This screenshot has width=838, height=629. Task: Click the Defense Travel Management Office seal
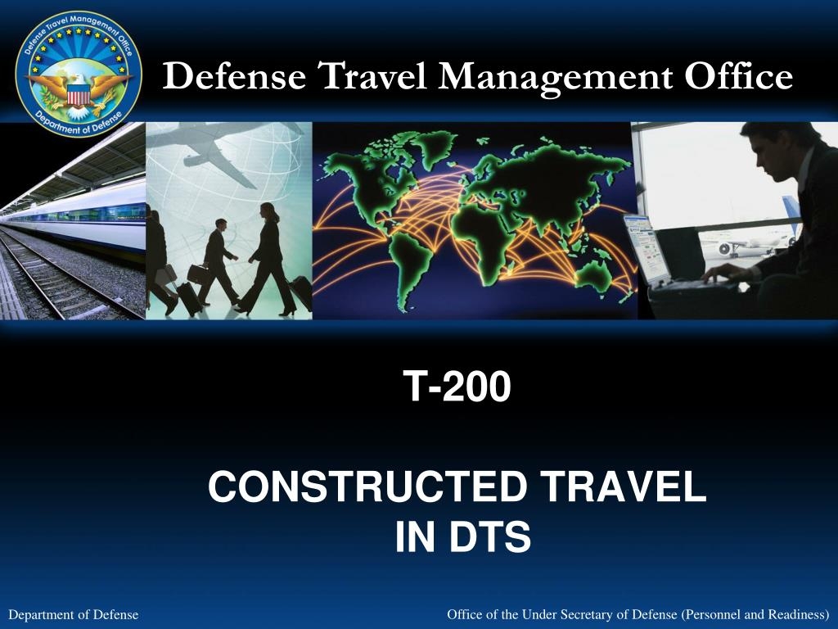(79, 74)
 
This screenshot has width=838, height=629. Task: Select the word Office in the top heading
(738, 77)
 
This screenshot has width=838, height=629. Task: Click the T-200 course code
(457, 387)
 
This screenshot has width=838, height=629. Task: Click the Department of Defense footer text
(73, 614)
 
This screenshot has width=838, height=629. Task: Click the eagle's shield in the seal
(79, 95)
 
